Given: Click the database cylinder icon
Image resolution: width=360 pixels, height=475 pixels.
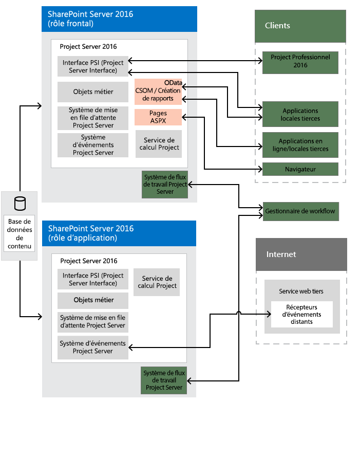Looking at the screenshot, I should [x=20, y=204].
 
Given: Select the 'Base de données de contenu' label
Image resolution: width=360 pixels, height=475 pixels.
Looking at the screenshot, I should [x=20, y=234].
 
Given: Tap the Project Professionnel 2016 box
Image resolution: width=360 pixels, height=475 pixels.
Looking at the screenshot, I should [x=300, y=62].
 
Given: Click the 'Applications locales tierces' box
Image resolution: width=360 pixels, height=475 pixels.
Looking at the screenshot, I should [x=300, y=114].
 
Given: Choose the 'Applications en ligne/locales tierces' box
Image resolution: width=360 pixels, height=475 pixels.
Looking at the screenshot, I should [x=300, y=145].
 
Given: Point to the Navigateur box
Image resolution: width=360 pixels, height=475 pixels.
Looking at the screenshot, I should [x=300, y=169].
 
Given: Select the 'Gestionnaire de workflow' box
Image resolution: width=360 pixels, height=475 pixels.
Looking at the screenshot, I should [x=300, y=211].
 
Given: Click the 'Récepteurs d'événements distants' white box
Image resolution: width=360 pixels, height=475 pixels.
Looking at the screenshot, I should [x=302, y=315].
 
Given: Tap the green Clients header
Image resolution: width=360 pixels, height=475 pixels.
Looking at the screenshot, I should [x=300, y=26].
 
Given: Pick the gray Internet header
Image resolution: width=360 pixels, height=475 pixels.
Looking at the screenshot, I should [x=301, y=254].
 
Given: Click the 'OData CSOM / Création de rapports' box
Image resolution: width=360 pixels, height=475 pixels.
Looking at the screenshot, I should [x=158, y=90].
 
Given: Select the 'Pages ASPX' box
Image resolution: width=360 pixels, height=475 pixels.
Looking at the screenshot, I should [x=158, y=117].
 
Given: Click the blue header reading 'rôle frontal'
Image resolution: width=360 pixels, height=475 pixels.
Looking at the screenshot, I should [x=119, y=19].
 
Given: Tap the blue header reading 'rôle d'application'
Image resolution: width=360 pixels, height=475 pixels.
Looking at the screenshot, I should [x=119, y=233].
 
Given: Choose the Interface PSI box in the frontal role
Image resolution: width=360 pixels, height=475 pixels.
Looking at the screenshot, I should [x=93, y=66].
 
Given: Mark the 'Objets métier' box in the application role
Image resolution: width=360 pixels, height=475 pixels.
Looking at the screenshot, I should [x=93, y=300].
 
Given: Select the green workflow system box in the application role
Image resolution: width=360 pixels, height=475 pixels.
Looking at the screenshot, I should [x=164, y=380].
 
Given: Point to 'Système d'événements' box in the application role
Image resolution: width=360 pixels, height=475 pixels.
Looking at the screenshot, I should [x=93, y=348].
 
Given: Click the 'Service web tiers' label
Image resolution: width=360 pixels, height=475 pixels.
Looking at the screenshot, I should [x=301, y=291].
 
